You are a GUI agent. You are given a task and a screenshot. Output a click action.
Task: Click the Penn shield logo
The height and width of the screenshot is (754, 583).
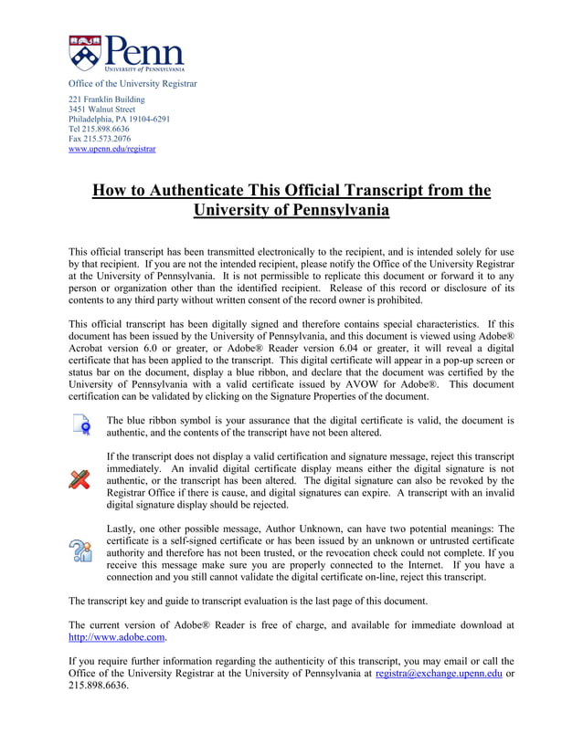click(85, 53)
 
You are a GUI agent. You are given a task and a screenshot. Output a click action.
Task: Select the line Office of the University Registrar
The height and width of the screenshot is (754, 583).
click(132, 84)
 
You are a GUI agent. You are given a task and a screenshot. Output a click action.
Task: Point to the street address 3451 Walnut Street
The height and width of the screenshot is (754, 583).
click(102, 110)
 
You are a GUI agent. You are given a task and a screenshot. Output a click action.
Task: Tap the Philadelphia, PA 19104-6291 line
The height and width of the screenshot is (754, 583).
click(119, 120)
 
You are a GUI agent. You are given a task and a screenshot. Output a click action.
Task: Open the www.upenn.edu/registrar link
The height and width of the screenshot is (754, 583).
click(112, 150)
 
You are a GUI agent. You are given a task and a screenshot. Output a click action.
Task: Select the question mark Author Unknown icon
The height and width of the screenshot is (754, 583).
click(81, 550)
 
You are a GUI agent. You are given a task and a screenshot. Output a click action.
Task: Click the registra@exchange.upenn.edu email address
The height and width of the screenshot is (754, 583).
click(439, 674)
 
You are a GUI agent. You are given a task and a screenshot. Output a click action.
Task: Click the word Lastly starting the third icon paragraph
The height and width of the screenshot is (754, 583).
click(121, 529)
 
